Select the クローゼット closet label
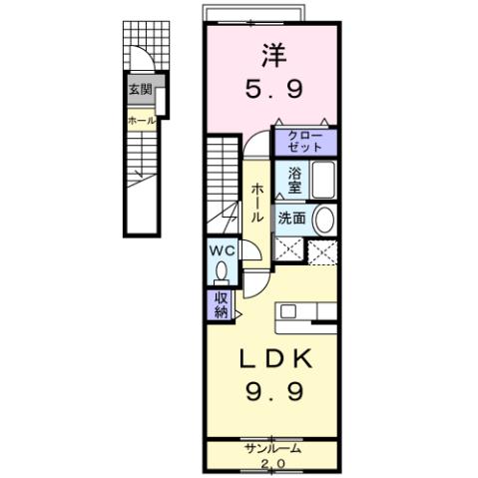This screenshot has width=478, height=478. [x=305, y=141]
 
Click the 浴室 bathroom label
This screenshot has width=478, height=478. [x=294, y=180]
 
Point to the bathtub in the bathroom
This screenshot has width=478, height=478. [x=319, y=183]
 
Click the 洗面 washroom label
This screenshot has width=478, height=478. [x=292, y=219]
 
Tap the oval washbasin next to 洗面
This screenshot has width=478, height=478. [x=323, y=220]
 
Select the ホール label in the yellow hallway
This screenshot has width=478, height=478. [x=257, y=204]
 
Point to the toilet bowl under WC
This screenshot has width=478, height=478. [x=222, y=270]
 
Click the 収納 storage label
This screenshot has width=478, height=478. [x=220, y=303]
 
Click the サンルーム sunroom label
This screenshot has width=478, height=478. [x=272, y=448]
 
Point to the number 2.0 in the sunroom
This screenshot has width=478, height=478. [x=272, y=464]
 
